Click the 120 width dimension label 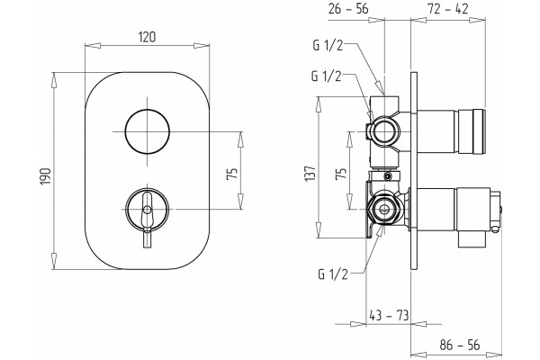(147, 37)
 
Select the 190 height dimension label (46, 176)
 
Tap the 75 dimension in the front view (233, 174)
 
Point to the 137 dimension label (310, 174)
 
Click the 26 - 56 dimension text (348, 9)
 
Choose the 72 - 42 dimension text (447, 9)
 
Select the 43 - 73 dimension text (389, 315)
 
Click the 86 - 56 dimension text (459, 345)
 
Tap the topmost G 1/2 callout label (328, 46)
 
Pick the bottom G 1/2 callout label (333, 274)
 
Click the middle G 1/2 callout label (327, 76)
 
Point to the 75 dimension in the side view (341, 174)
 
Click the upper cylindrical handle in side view (452, 131)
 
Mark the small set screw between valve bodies (389, 176)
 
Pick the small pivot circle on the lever (147, 209)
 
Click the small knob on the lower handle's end (499, 209)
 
